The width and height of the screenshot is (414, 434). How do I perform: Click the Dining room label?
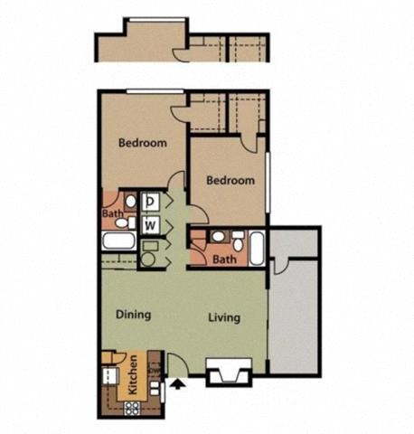tap(134, 316)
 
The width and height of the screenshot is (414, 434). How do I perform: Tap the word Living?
tap(224, 317)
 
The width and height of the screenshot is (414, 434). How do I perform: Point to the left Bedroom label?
tap(143, 143)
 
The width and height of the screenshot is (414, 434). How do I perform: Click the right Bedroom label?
tap(231, 180)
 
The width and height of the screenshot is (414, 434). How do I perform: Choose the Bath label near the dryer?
tap(112, 214)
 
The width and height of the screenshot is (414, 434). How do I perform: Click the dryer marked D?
tap(151, 203)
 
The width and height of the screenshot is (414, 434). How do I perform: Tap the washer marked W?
tap(151, 223)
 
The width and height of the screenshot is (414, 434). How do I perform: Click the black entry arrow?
tap(177, 384)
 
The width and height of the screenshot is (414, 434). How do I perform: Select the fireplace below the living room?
tap(226, 372)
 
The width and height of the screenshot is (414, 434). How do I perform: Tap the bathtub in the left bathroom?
tap(117, 241)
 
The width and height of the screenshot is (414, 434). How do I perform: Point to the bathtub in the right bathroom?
tap(257, 246)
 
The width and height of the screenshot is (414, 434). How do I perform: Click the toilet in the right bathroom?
tap(237, 241)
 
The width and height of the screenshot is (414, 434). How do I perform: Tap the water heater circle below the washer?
tap(149, 259)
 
